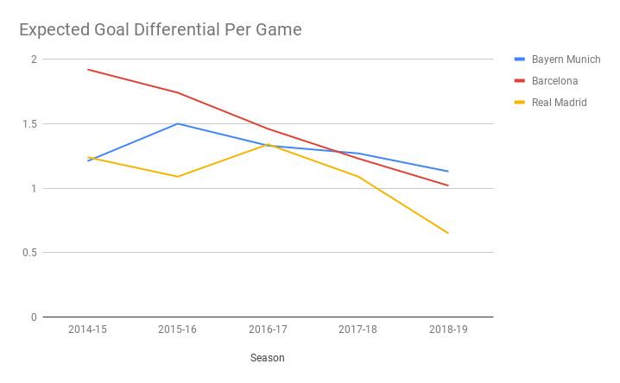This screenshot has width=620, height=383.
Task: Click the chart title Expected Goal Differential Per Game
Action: (161, 30)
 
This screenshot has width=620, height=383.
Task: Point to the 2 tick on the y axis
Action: (34, 60)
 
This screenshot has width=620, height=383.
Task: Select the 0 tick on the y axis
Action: (34, 317)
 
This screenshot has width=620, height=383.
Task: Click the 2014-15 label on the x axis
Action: (88, 330)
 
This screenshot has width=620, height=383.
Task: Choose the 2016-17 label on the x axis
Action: (268, 330)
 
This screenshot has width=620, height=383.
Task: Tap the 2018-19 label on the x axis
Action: (447, 330)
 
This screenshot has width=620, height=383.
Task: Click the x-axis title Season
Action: (268, 357)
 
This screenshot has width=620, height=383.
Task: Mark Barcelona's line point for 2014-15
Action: (88, 70)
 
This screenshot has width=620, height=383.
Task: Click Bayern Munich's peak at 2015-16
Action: (178, 123)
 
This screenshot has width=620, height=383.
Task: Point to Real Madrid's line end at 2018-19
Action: (447, 233)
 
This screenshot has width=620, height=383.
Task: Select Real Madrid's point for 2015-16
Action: (178, 177)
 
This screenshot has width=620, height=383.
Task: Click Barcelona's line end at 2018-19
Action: (447, 185)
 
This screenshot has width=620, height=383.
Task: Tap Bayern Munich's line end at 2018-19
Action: (447, 172)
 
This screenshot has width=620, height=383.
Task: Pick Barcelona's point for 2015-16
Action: (178, 92)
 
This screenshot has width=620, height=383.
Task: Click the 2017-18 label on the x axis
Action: (357, 330)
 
